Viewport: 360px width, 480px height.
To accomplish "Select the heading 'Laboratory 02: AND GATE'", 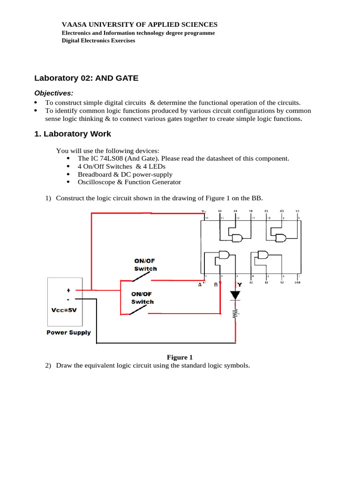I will (x=87, y=78).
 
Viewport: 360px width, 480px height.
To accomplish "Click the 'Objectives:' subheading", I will (x=54, y=93).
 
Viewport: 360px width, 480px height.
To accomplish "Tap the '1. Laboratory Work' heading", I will (x=73, y=134).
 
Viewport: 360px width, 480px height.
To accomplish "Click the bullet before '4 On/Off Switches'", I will (x=69, y=166).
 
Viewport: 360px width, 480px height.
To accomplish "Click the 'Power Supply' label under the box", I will (x=68, y=333).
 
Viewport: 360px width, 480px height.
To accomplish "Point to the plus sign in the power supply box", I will (x=68, y=291).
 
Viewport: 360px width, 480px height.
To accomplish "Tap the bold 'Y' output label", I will (x=240, y=285).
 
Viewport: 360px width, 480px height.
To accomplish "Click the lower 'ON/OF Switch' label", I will (x=142, y=298).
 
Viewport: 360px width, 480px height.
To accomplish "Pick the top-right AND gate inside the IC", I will (x=280, y=238).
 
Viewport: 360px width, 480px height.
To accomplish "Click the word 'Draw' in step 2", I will (x=64, y=366).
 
